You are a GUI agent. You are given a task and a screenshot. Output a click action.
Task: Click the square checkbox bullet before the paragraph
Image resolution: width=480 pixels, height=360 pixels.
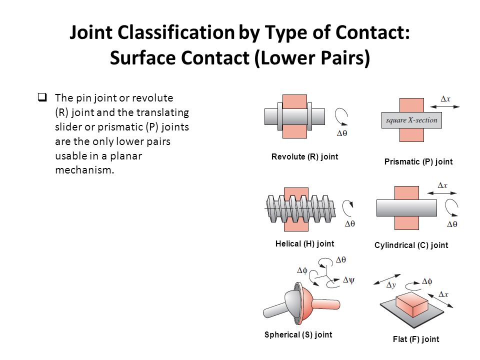point(42,97)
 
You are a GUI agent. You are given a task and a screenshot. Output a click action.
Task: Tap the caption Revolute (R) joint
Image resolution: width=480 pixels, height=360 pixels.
point(304,156)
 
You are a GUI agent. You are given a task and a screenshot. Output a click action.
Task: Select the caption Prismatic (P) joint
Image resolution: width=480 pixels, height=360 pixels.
point(418,161)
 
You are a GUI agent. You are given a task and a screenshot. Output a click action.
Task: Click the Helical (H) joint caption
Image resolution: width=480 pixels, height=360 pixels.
point(304,243)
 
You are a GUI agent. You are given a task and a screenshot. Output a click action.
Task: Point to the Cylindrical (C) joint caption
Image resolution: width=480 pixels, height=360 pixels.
point(411,245)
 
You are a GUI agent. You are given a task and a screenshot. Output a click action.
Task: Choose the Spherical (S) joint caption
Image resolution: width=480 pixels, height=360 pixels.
point(298,334)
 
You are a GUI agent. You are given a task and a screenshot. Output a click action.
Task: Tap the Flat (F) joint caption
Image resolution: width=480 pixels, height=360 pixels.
point(416,339)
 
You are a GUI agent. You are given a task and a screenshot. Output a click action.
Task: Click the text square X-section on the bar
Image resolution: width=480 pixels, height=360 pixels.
point(411,120)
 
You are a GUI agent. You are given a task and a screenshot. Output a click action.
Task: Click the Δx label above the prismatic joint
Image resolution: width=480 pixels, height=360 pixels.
point(445,99)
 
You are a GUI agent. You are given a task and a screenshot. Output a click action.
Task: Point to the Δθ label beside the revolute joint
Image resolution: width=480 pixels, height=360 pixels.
point(342,133)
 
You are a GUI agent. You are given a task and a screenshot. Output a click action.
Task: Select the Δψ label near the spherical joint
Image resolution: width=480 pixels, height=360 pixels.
point(348,280)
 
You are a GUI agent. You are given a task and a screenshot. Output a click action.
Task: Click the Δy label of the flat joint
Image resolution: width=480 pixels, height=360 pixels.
point(391,285)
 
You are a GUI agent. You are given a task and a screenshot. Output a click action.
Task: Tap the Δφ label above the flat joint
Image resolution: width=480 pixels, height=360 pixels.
point(427,281)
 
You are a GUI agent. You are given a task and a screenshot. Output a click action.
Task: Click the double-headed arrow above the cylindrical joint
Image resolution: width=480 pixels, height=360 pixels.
point(441,193)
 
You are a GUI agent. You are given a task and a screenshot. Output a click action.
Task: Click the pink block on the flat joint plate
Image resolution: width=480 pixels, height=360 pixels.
point(411,304)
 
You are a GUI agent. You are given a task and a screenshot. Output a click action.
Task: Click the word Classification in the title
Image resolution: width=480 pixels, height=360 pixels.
point(176,32)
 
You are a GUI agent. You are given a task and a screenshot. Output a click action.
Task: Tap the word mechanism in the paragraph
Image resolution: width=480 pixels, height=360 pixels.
point(84,170)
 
